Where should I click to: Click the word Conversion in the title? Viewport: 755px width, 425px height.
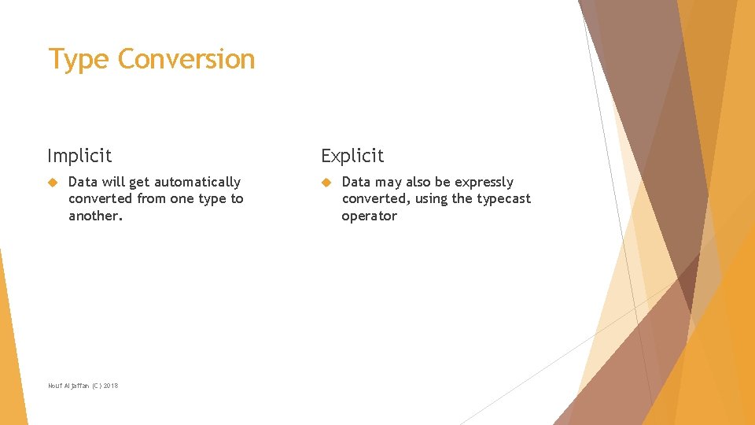coord(186,60)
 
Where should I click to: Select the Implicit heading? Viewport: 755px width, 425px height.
coord(79,156)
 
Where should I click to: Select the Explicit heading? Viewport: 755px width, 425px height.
coord(352,156)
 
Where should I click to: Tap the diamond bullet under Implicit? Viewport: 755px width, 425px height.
coord(53,183)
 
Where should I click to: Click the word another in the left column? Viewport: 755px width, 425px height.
coord(94,216)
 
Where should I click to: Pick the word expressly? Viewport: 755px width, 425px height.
coord(484,183)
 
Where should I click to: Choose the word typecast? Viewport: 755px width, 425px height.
coord(503,199)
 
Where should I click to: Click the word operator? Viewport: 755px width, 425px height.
coord(369,216)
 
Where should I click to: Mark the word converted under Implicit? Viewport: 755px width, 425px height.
coord(101,199)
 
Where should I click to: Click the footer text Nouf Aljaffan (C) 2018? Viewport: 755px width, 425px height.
coord(83,385)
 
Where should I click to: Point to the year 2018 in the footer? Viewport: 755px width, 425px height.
coord(110,385)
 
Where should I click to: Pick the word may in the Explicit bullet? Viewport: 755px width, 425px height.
coord(389,183)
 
